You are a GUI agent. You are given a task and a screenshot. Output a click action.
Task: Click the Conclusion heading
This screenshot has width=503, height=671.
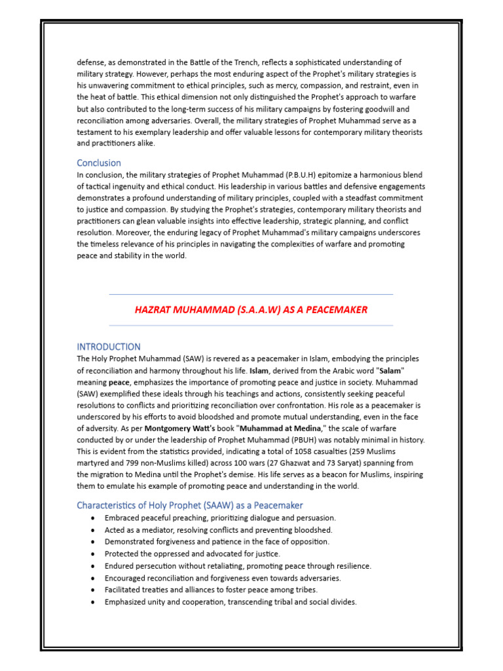[x=99, y=163]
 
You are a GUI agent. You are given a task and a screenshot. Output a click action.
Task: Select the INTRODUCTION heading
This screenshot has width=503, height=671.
[x=109, y=346]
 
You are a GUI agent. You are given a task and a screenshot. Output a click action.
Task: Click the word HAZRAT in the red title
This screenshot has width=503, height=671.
[x=153, y=310]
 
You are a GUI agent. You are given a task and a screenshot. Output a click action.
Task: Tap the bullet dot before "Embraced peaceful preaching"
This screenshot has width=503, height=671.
[x=93, y=518]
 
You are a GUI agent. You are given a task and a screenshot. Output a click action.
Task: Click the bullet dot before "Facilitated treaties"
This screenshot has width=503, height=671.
[x=93, y=590]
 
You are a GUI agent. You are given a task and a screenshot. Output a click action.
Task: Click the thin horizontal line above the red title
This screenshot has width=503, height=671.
[x=251, y=294]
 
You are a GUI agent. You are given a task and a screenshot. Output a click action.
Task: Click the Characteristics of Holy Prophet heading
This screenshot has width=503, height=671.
[x=190, y=505]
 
